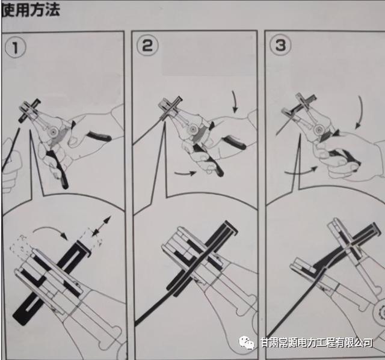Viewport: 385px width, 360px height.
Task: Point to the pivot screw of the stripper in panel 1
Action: click(55, 131)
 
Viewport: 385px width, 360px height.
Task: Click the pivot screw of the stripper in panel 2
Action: click(194, 129)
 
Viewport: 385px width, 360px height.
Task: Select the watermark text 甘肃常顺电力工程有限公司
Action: click(316, 343)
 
